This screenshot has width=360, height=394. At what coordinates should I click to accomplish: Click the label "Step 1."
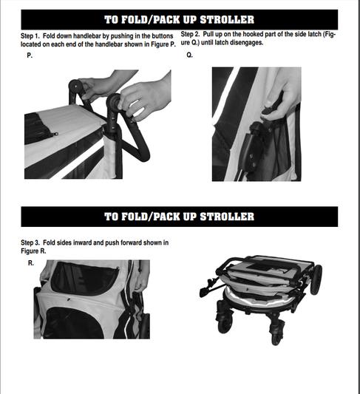(30, 36)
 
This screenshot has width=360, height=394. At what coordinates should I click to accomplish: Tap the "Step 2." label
(190, 34)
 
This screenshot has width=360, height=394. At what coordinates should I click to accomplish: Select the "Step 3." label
(30, 242)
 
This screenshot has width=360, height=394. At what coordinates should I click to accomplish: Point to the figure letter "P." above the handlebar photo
(30, 55)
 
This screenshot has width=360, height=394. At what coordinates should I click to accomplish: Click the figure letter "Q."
(190, 55)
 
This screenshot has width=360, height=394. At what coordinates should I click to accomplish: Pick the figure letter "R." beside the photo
(31, 263)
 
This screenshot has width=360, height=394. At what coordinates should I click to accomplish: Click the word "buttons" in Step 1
(163, 36)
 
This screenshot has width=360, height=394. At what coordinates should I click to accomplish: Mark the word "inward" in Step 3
(82, 242)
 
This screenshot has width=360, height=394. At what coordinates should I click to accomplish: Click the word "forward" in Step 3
(131, 242)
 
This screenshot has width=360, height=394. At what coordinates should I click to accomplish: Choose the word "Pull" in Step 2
(208, 34)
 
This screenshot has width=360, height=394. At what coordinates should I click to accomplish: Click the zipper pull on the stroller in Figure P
(55, 135)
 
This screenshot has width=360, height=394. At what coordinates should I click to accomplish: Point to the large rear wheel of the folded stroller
(316, 279)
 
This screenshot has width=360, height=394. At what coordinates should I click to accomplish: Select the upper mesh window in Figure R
(84, 279)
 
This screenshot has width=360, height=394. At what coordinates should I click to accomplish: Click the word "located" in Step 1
(30, 44)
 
